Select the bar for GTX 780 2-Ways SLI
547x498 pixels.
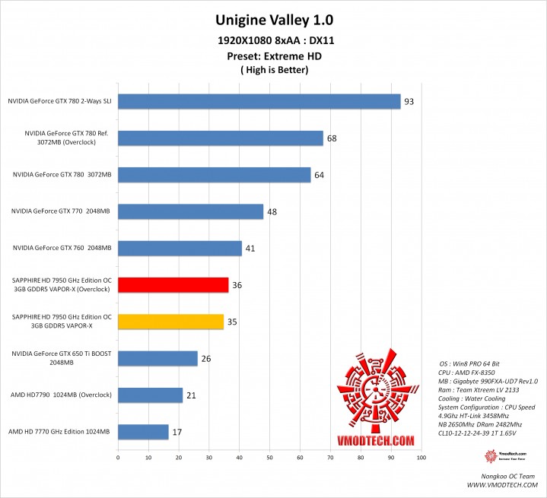[259, 101]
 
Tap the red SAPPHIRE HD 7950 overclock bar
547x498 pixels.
[173, 285]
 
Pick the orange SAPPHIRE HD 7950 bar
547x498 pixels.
[170, 322]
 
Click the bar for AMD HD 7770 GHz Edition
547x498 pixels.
[143, 432]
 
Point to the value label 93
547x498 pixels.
[409, 101]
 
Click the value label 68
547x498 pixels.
[332, 138]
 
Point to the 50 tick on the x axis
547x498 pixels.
[269, 458]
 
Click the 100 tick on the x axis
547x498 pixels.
[421, 458]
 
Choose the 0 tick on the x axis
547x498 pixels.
[118, 458]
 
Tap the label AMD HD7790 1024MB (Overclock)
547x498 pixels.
[61, 395]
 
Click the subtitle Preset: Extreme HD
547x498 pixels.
[273, 56]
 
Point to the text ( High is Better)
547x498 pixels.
[273, 70]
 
